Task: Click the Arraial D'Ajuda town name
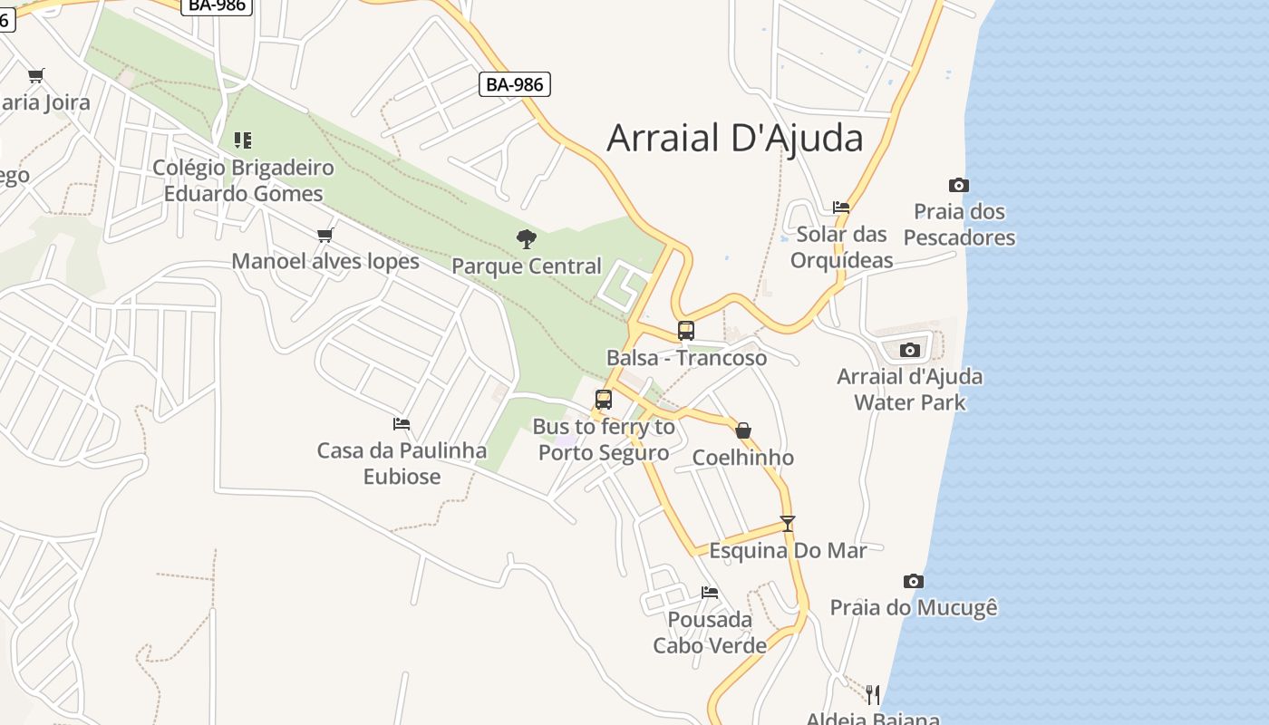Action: [734, 139]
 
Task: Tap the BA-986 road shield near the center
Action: [515, 84]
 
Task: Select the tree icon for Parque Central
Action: [526, 239]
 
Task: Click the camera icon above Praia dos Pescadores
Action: [959, 186]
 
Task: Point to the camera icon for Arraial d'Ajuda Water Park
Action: [910, 350]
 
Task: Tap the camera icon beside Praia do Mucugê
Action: [914, 581]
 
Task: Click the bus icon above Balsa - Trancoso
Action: [686, 331]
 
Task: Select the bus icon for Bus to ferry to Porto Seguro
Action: [604, 400]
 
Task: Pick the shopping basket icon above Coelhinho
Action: [743, 430]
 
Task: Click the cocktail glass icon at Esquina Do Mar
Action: [787, 524]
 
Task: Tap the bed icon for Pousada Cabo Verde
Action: [710, 593]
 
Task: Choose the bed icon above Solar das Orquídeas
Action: [841, 208]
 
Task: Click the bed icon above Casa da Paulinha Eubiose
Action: [402, 423]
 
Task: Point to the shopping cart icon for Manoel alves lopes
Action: [325, 236]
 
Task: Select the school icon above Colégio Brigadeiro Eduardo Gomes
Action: [242, 140]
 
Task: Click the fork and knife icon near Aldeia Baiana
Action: [872, 694]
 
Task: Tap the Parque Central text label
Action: [526, 266]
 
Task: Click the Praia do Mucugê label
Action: [914, 607]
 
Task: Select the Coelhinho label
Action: [743, 458]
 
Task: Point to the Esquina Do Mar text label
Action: [788, 550]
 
